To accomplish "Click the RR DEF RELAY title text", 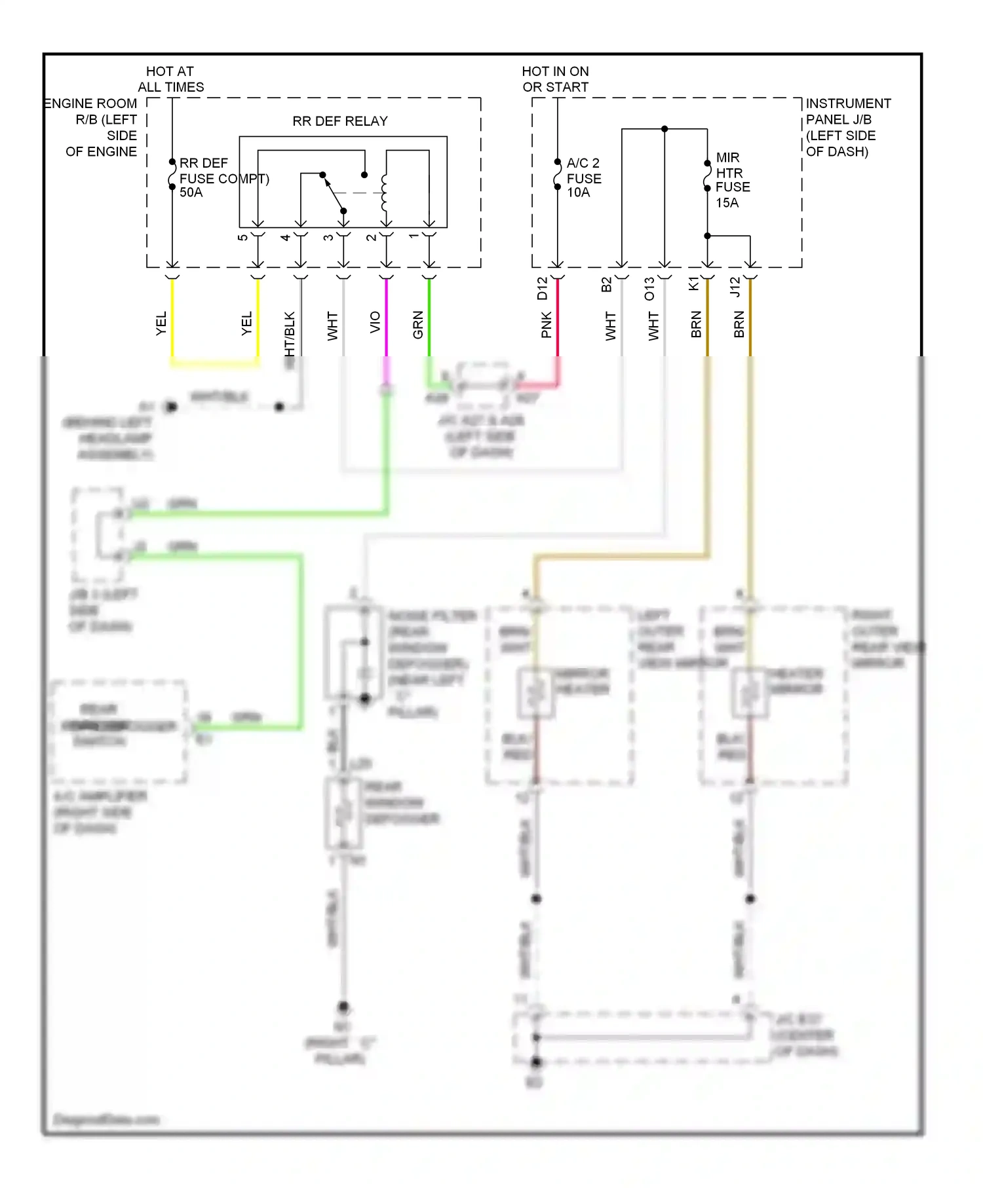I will [x=339, y=121].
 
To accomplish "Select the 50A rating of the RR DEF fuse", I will [x=191, y=193].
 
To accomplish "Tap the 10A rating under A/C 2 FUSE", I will [x=578, y=193].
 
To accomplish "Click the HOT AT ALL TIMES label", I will [x=170, y=79].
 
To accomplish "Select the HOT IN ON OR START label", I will [x=555, y=79].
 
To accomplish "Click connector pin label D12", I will [x=542, y=289].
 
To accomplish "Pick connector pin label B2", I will [x=606, y=285].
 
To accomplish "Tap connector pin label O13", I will [x=649, y=289].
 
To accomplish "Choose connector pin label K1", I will [x=693, y=284].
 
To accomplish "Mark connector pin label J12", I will [x=735, y=287].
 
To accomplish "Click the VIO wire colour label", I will [x=375, y=322].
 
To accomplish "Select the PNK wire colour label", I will [x=547, y=325].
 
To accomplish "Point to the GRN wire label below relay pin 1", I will [x=417, y=325].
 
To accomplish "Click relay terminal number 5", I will [x=242, y=237].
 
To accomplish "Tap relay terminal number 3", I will [x=328, y=237].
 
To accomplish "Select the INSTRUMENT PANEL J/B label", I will [x=847, y=127].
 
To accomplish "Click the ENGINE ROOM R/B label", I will [x=92, y=127].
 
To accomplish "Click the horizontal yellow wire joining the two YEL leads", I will [x=215, y=363].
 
